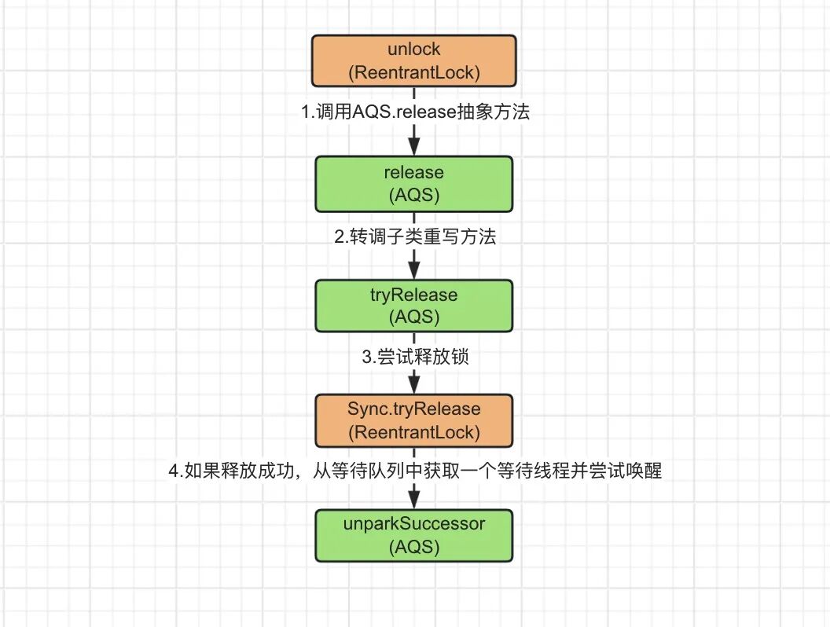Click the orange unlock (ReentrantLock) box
click(x=414, y=60)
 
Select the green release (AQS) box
click(x=414, y=184)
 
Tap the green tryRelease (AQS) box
click(x=414, y=306)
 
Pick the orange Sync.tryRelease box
click(x=414, y=420)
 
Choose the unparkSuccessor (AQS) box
click(x=414, y=535)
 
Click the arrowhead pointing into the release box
click(x=414, y=146)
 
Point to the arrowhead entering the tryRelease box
click(x=414, y=269)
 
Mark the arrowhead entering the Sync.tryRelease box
click(x=414, y=385)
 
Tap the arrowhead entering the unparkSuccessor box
click(x=414, y=500)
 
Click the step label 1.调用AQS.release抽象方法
click(x=416, y=112)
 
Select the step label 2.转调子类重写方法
click(x=415, y=236)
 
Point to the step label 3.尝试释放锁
click(x=416, y=356)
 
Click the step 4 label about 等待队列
click(x=414, y=471)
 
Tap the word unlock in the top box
click(x=414, y=49)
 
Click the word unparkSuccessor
click(x=414, y=523)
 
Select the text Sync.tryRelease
click(x=414, y=409)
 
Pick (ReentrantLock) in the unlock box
click(x=414, y=72)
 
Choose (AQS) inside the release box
click(x=414, y=195)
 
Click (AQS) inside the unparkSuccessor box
click(x=414, y=546)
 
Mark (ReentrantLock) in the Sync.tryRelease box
click(x=414, y=432)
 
